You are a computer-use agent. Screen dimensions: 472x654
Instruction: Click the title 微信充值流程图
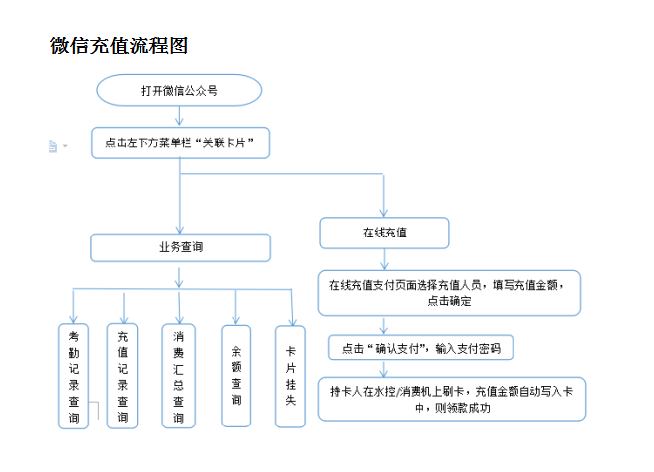click(x=119, y=46)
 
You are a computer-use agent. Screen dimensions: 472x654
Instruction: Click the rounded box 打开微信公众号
click(x=179, y=91)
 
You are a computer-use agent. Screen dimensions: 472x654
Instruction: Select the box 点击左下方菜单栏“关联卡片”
click(x=180, y=143)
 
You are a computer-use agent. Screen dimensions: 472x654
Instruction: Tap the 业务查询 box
click(x=180, y=247)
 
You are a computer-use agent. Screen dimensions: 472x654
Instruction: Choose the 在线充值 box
click(x=384, y=233)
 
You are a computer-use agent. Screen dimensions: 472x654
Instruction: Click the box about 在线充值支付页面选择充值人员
click(x=448, y=292)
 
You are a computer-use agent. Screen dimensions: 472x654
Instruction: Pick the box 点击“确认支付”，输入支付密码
click(x=421, y=348)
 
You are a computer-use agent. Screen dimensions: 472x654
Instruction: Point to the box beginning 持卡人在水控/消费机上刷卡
click(x=451, y=399)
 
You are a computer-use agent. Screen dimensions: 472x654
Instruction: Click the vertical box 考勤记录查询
click(x=74, y=377)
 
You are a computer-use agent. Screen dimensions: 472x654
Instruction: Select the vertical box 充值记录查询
click(x=122, y=375)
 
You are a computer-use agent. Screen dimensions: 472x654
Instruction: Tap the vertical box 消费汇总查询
click(x=178, y=375)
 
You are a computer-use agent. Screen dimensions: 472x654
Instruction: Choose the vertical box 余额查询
click(x=236, y=375)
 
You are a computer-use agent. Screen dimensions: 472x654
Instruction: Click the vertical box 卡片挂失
click(x=290, y=375)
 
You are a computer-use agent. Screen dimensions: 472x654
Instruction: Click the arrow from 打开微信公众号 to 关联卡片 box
click(x=179, y=117)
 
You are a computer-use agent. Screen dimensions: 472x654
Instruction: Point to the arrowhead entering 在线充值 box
click(x=384, y=211)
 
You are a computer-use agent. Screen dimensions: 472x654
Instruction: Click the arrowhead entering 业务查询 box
click(x=180, y=227)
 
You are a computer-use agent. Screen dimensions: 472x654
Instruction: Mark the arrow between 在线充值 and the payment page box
click(x=384, y=259)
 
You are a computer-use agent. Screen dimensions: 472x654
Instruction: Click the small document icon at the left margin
click(x=53, y=145)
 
